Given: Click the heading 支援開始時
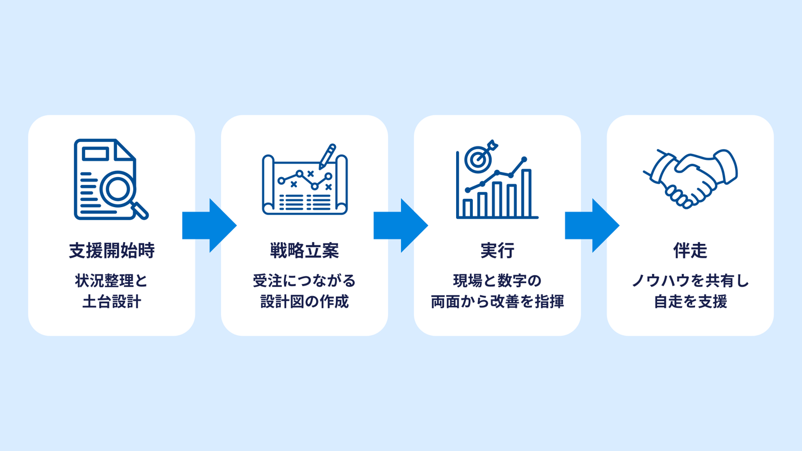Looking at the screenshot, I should click(x=111, y=251).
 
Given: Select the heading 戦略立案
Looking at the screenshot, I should click(x=304, y=251).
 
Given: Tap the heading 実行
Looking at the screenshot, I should click(x=497, y=251).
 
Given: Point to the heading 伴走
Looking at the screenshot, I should click(x=690, y=251).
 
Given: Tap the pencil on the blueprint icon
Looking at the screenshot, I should click(x=327, y=156).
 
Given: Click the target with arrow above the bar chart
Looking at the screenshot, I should click(x=478, y=158).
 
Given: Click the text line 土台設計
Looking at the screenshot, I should click(x=111, y=302).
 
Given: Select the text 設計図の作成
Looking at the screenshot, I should click(x=304, y=302).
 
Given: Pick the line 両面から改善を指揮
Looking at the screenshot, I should click(x=497, y=302).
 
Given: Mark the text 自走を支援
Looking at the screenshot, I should click(x=690, y=302).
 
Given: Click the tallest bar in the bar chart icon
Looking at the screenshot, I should click(x=526, y=193).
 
